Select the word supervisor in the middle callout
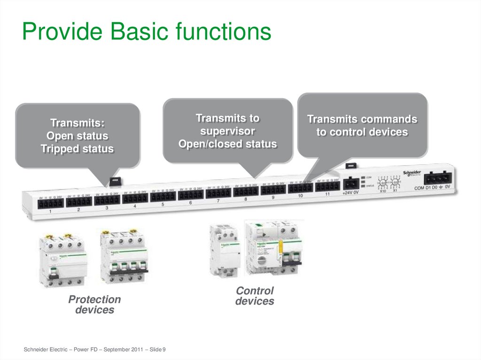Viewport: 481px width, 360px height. (x=227, y=131)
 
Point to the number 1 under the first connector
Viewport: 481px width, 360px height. (x=50, y=212)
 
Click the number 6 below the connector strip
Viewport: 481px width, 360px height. (x=190, y=203)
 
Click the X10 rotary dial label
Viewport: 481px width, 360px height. (x=383, y=191)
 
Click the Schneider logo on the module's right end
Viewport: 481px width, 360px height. (x=412, y=172)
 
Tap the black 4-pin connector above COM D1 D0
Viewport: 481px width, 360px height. (x=438, y=178)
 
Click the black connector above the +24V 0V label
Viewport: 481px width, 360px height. (x=351, y=184)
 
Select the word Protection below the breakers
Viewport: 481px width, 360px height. (x=94, y=299)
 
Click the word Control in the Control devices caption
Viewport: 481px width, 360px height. (x=255, y=291)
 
